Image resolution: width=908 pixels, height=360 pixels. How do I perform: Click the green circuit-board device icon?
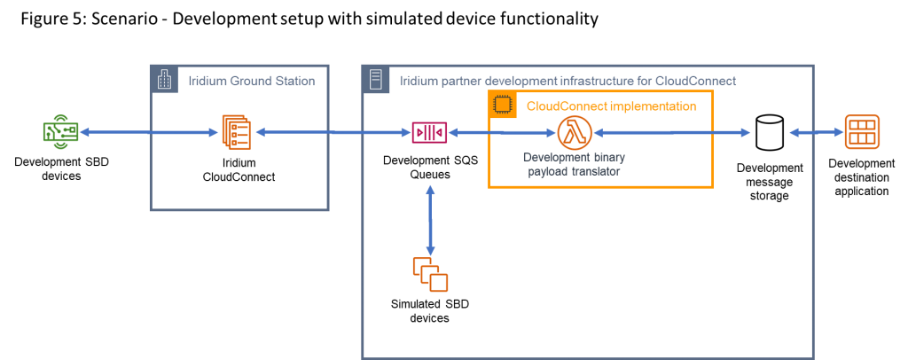point(60,132)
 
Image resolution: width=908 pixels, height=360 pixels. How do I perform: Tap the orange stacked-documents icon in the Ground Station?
point(236,132)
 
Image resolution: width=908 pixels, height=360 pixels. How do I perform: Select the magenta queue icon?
point(429,132)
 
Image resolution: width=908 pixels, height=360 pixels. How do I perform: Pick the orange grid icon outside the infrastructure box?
point(861,132)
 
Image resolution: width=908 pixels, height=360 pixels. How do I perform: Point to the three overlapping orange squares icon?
point(430,274)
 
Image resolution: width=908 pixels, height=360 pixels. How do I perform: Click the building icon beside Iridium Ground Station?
point(164,79)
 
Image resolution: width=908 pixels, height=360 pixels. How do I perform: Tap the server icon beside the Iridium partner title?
point(376,79)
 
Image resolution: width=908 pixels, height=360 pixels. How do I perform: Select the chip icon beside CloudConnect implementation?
point(503,105)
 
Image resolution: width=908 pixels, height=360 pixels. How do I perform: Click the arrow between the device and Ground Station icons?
point(148,133)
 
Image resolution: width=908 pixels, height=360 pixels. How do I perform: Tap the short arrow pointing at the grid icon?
point(816,133)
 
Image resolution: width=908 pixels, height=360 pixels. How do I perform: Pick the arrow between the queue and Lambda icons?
point(501,133)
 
